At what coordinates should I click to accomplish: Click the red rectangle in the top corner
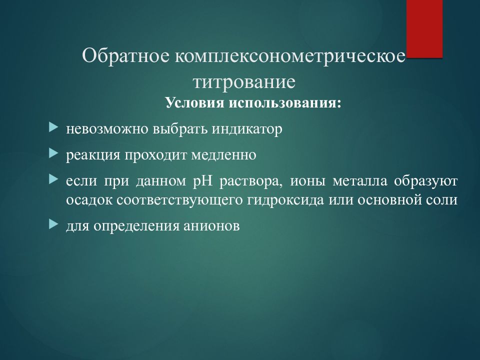click(424, 29)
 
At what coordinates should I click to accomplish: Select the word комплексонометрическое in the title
click(290, 56)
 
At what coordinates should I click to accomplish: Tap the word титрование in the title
click(244, 81)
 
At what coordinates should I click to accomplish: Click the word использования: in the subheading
click(285, 103)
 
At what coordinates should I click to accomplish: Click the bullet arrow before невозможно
click(53, 127)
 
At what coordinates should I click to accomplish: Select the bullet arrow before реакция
click(53, 153)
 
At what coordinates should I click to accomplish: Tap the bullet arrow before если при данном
click(53, 179)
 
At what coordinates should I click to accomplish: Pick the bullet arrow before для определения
click(53, 224)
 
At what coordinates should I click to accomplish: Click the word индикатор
click(246, 129)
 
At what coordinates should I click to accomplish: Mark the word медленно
click(224, 155)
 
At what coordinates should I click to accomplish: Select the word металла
click(359, 181)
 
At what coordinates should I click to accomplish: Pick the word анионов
click(211, 226)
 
